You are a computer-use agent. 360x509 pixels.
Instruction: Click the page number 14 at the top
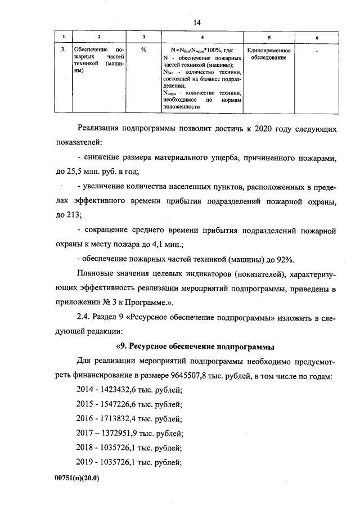197,22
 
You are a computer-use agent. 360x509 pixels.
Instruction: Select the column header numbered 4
202,37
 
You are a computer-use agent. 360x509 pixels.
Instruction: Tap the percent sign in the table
144,51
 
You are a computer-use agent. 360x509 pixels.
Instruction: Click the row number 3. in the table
64,51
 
